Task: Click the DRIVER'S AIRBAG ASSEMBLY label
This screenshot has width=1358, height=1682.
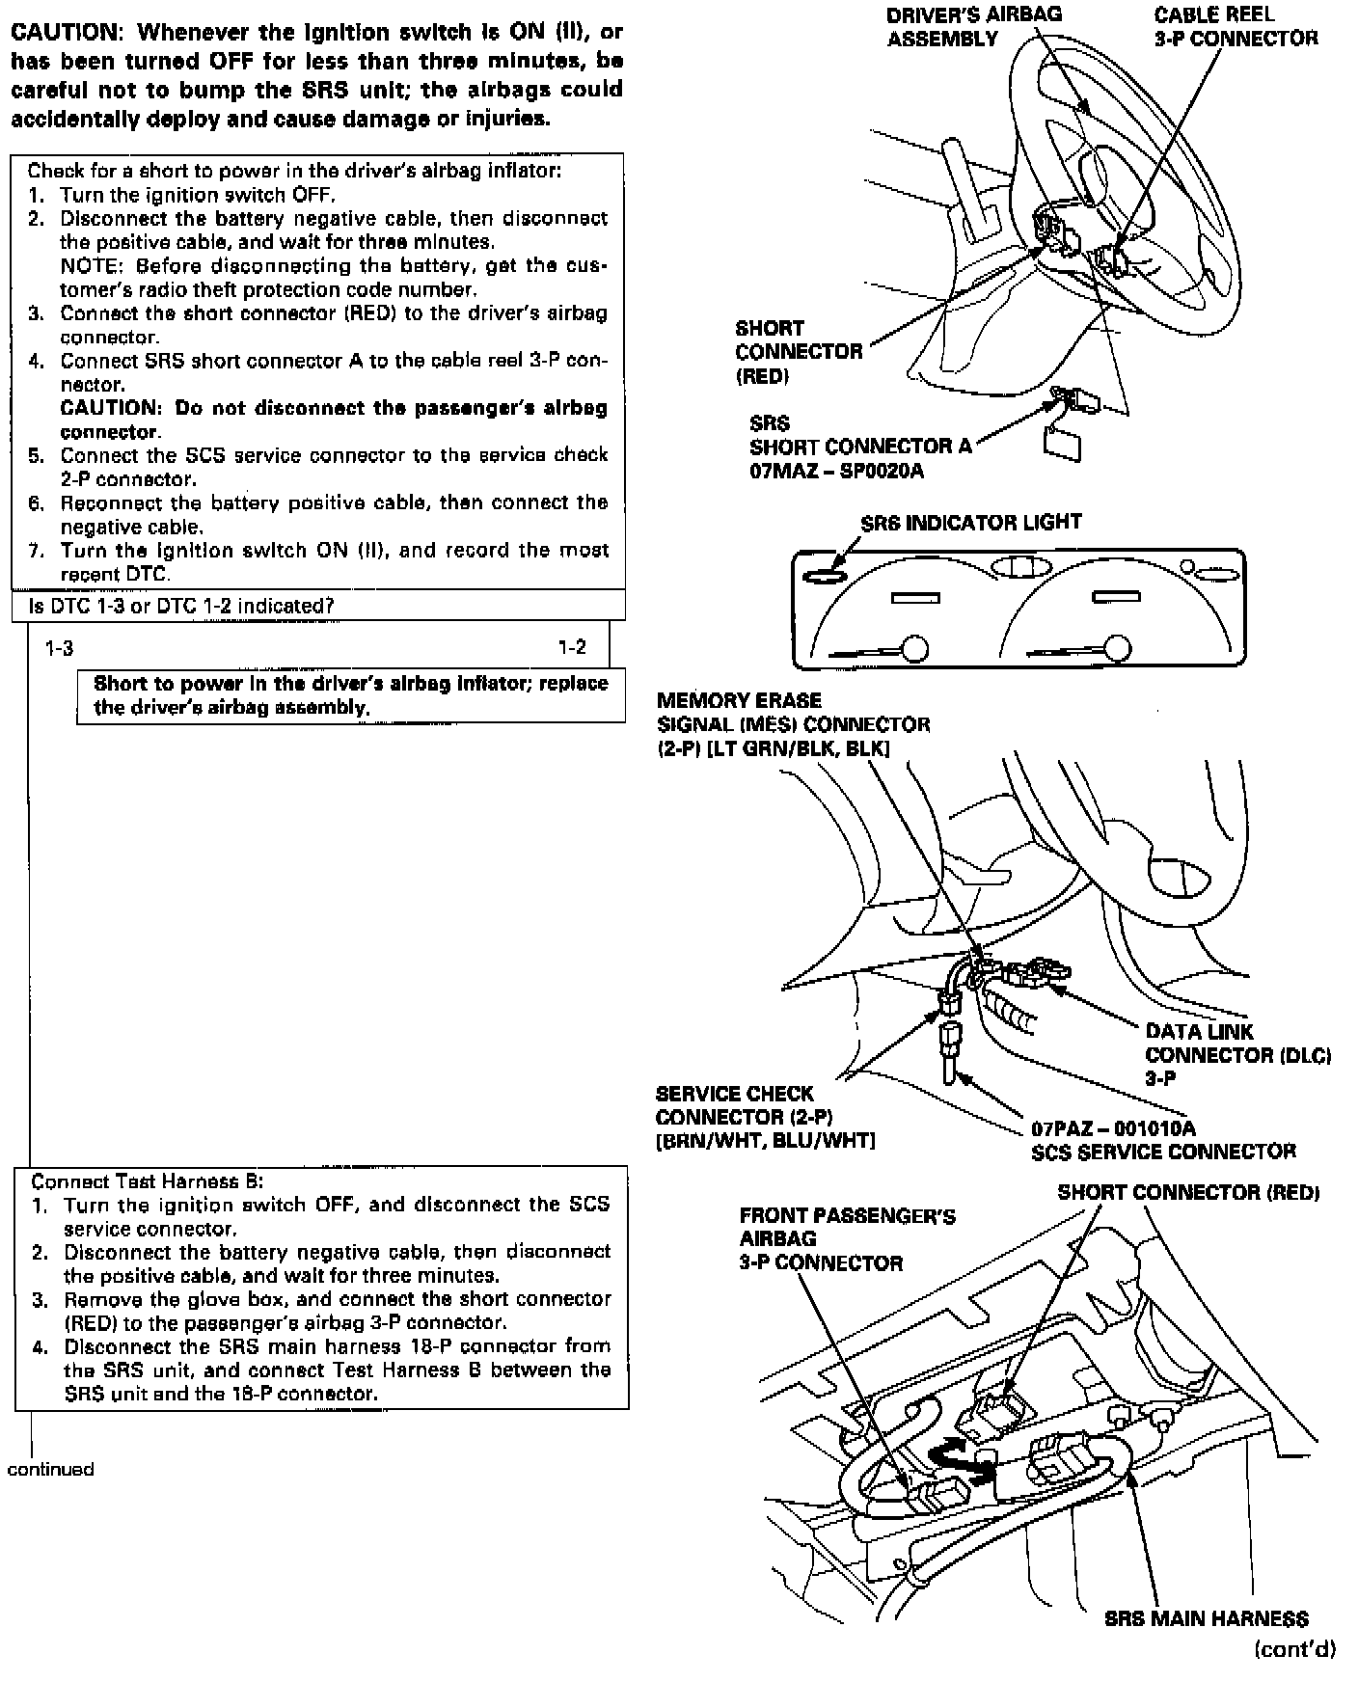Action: pos(973,26)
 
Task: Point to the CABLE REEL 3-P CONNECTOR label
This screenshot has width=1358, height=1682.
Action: pos(1235,26)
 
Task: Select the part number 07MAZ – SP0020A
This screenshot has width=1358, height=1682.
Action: pos(836,471)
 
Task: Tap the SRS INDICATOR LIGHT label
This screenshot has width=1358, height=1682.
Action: pos(970,522)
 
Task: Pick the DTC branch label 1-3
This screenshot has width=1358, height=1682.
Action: pos(59,649)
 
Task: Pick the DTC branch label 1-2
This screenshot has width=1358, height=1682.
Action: pos(572,648)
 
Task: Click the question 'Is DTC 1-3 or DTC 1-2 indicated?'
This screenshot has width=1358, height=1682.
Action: pos(181,606)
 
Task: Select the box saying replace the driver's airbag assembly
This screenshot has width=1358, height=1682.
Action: pos(350,695)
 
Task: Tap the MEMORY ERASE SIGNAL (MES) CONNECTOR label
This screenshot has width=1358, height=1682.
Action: pos(793,724)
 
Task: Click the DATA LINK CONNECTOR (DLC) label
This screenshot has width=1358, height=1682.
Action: pos(1237,1054)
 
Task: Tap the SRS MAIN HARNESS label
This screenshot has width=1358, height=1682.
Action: pos(1206,1618)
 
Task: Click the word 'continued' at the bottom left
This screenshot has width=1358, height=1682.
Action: pos(50,1469)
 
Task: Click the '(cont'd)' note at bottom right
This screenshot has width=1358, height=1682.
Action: pos(1294,1648)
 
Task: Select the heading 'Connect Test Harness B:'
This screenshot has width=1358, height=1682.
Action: pos(147,1180)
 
